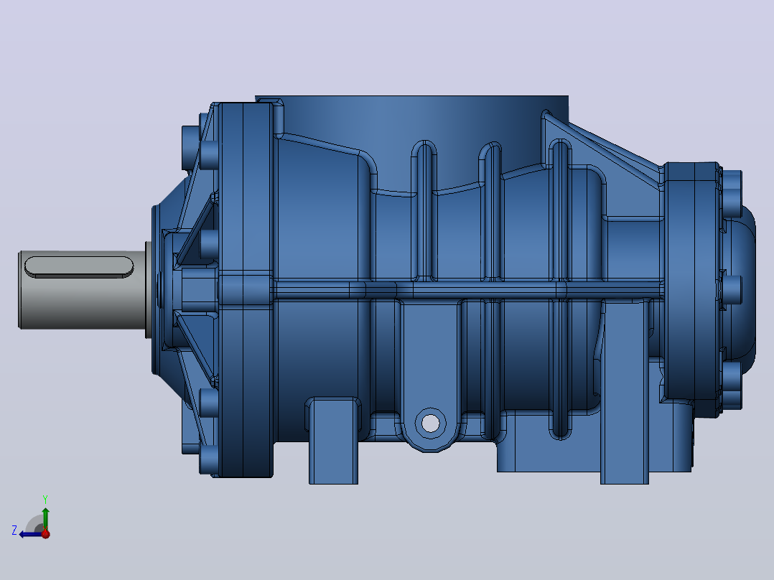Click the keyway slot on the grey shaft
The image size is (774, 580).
click(79, 266)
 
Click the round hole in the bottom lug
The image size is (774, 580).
click(431, 423)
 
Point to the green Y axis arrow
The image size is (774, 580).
click(45, 518)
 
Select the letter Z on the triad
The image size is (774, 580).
click(14, 530)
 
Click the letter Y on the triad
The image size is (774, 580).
click(45, 499)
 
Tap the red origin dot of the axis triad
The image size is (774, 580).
click(45, 533)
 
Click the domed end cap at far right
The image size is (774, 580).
click(740, 289)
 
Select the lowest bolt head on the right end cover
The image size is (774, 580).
click(732, 385)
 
